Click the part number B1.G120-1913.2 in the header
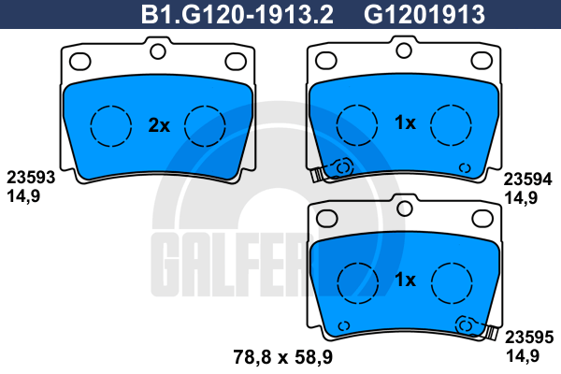[237, 15]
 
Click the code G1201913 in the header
[424, 15]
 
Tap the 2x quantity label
[159, 125]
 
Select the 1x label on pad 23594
[405, 122]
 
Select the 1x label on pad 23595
[405, 280]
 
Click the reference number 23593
[31, 178]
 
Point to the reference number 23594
[528, 180]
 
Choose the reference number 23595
[529, 338]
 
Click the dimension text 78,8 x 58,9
[283, 357]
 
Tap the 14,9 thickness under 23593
[23, 196]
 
